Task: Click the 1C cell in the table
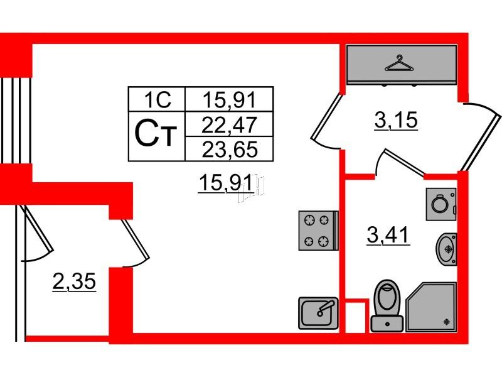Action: point(157,99)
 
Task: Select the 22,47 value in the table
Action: point(229,124)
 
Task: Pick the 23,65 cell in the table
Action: point(229,149)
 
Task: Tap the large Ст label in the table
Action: point(156,134)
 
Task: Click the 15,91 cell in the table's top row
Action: point(229,99)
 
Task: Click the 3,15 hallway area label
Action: point(396,121)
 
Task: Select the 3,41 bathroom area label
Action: point(388,235)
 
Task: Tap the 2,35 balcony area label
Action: point(74,281)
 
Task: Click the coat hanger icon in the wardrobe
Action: point(398,64)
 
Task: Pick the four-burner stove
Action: point(318,230)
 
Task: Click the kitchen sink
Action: point(318,313)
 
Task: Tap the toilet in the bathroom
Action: point(387,305)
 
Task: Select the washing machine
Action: point(441,204)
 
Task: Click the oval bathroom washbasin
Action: point(446,249)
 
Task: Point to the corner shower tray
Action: point(431,307)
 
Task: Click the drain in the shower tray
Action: point(447,322)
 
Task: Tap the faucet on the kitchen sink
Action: point(324,309)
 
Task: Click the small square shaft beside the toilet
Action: point(356,317)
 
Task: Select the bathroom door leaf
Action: point(405,162)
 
